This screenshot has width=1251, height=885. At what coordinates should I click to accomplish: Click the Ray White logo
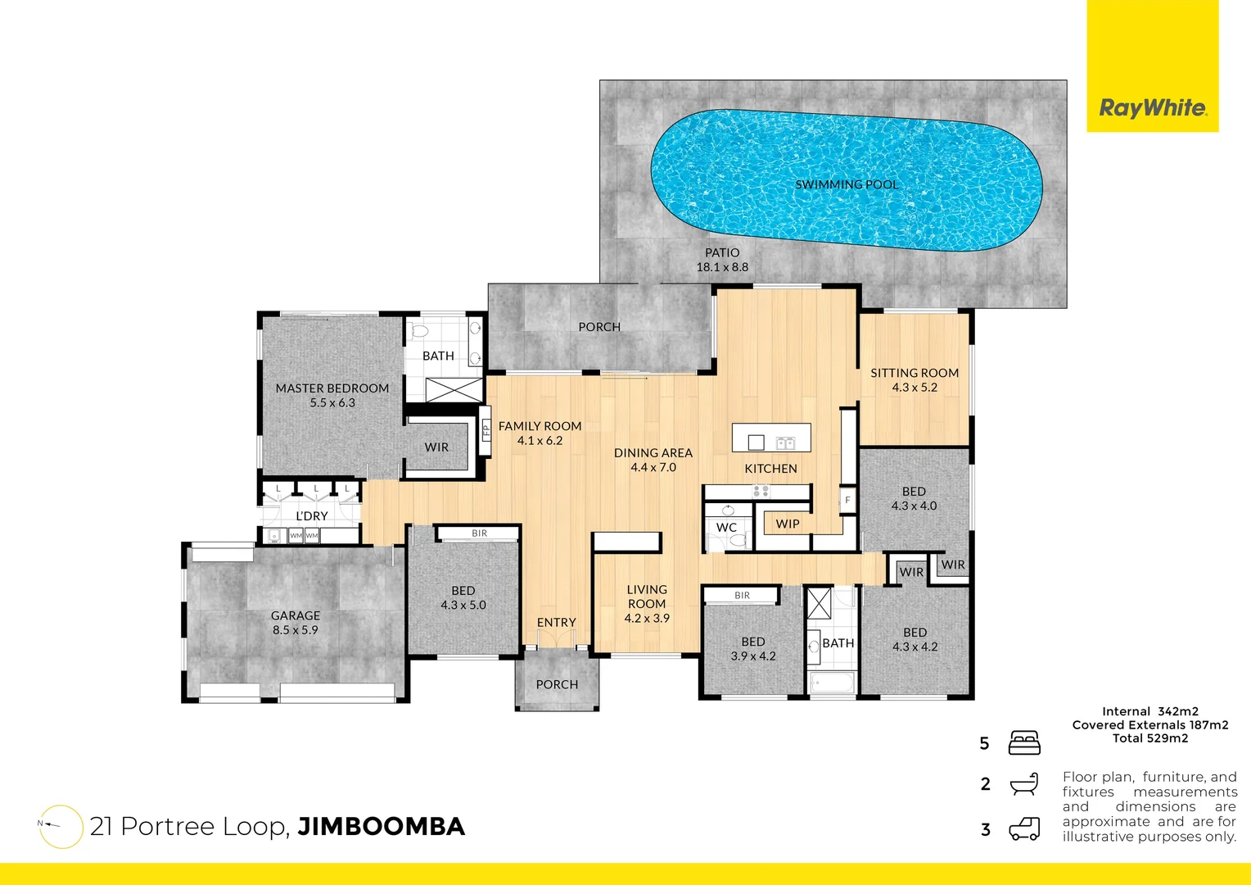point(1152,107)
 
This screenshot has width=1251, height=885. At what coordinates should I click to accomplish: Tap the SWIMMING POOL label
point(847,184)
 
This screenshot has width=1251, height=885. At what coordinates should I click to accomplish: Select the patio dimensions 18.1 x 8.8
point(722,267)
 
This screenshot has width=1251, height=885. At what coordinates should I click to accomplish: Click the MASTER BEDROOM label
point(332,388)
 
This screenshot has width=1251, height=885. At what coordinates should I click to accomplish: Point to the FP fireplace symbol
point(485,430)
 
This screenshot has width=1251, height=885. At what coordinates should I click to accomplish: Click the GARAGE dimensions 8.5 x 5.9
point(296,630)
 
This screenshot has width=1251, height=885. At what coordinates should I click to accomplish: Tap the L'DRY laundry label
point(312,515)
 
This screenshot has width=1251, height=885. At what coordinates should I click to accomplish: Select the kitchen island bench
point(771,438)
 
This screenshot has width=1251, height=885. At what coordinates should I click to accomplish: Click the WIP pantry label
point(788,524)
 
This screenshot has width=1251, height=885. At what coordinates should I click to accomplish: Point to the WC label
point(726,528)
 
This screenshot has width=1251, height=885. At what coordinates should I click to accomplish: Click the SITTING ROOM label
point(915,373)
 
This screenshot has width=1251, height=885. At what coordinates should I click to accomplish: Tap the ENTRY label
point(557,623)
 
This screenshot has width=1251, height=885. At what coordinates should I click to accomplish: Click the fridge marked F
point(847,500)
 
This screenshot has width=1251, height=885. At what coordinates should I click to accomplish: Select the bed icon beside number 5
point(1024,743)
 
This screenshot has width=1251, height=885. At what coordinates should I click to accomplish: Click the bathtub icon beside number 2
point(1024,784)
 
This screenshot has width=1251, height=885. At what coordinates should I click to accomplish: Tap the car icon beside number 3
point(1024,829)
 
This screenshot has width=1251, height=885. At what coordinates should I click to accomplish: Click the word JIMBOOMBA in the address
point(381,826)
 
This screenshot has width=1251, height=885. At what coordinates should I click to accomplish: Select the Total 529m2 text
point(1150,738)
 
